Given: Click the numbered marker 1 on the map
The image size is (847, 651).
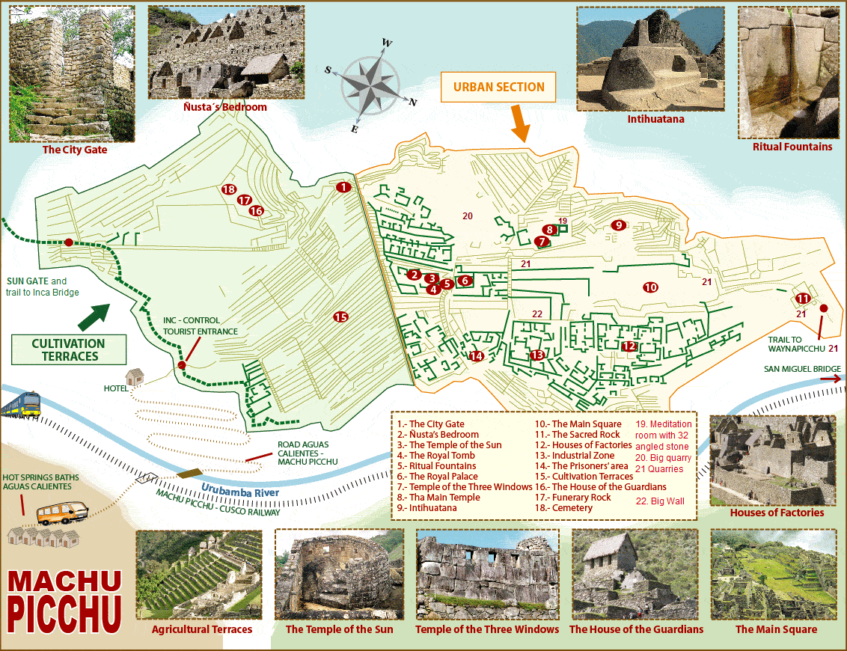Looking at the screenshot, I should (x=343, y=187).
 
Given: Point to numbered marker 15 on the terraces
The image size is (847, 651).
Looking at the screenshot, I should (x=340, y=317).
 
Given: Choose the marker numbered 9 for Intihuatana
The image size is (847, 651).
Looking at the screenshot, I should (x=617, y=224).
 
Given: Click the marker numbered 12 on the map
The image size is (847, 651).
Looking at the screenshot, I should (x=629, y=346).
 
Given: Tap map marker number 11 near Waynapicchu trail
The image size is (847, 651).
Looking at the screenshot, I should (x=803, y=299).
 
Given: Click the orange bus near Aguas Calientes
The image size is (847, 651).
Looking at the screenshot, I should (x=64, y=513).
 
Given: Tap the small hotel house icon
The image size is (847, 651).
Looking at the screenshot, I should (x=135, y=376).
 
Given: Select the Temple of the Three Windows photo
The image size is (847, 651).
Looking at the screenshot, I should (x=487, y=575).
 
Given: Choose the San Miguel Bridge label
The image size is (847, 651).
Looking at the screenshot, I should (x=801, y=369).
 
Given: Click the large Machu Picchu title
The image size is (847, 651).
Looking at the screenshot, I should (x=65, y=600).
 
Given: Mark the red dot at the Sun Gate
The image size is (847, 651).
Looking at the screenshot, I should (x=69, y=242).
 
